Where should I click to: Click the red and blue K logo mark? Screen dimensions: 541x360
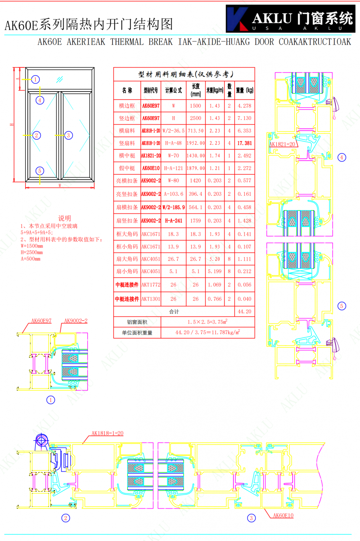(237, 19)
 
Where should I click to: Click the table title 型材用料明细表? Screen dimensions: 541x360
(186, 74)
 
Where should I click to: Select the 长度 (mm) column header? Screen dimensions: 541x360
(195, 90)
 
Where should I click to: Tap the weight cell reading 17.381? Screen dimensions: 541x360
(244, 143)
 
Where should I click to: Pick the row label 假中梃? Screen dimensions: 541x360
(127, 168)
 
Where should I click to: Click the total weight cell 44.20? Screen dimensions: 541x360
(244, 311)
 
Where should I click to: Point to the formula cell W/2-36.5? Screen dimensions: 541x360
(173, 131)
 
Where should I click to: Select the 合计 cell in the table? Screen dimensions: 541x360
(174, 311)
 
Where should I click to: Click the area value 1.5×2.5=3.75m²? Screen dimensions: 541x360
(207, 322)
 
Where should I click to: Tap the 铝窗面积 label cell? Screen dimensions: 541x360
(137, 322)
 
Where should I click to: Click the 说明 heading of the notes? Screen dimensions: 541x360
(64, 218)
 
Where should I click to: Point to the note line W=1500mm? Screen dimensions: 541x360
(32, 246)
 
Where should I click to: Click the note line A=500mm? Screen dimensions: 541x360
(31, 259)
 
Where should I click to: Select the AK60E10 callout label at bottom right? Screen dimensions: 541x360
(283, 515)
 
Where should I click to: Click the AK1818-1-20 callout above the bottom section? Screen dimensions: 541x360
(107, 433)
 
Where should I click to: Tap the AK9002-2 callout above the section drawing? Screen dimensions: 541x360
(76, 321)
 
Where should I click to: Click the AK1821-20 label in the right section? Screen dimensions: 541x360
(282, 144)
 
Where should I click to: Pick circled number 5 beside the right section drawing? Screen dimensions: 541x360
(342, 306)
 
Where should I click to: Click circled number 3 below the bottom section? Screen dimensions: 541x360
(251, 518)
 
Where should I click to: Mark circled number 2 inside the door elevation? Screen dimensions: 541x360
(36, 135)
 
